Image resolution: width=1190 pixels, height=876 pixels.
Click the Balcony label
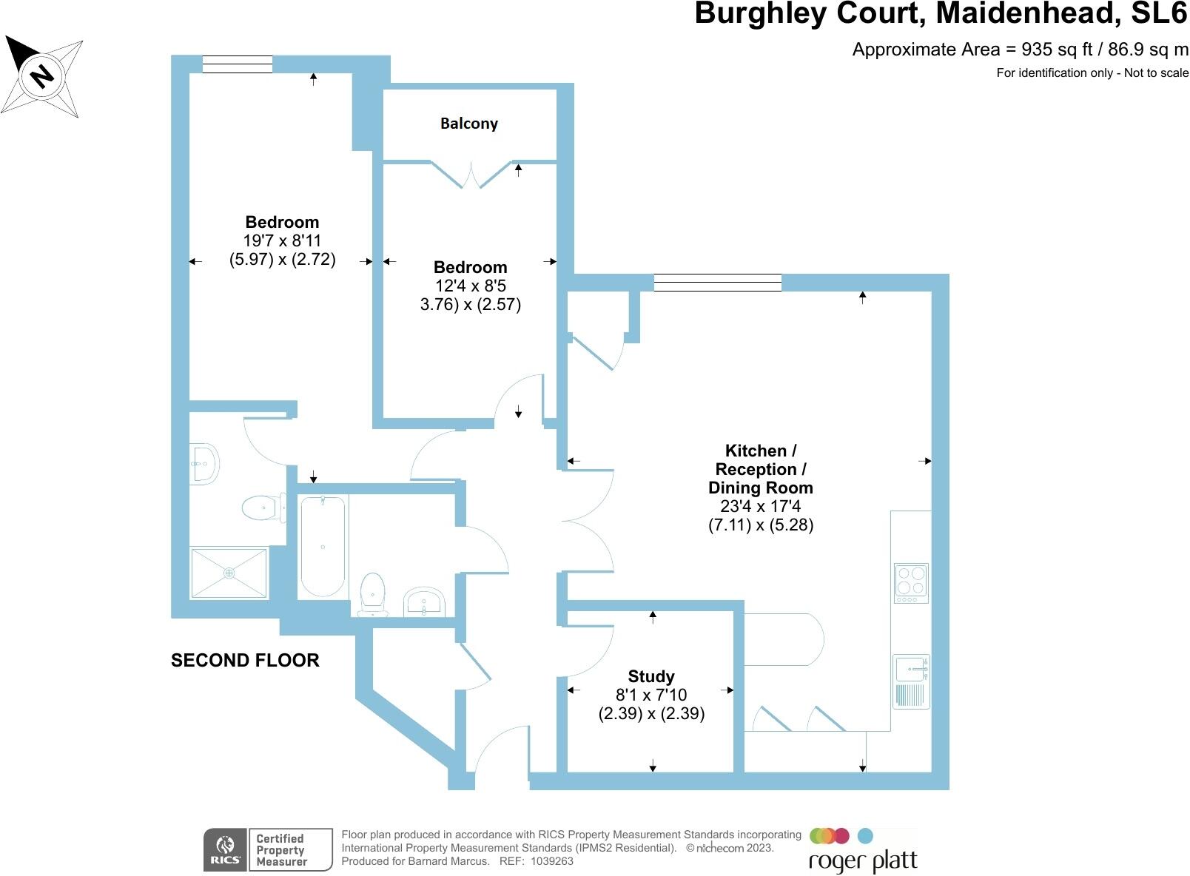[468, 124]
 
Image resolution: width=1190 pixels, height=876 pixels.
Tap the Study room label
[651, 676]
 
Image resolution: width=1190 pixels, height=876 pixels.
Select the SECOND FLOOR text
[245, 661]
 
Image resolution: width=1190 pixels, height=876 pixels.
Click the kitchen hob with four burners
[911, 582]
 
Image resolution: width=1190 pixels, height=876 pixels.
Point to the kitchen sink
[911, 669]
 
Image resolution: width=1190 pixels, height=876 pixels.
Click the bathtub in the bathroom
[323, 546]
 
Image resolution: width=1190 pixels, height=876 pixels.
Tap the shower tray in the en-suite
[229, 573]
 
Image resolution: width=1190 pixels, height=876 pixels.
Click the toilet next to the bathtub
[372, 594]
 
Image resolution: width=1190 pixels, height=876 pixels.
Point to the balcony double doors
[471, 175]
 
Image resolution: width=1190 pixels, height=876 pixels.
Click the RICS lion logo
[225, 849]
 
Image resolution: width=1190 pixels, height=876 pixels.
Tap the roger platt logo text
[863, 861]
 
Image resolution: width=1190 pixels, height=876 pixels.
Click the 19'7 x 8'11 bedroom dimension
[282, 240]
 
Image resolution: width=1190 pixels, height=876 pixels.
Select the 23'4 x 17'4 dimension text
[761, 506]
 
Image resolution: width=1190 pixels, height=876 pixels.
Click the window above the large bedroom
[237, 65]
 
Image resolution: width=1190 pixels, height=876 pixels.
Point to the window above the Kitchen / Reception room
[718, 282]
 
